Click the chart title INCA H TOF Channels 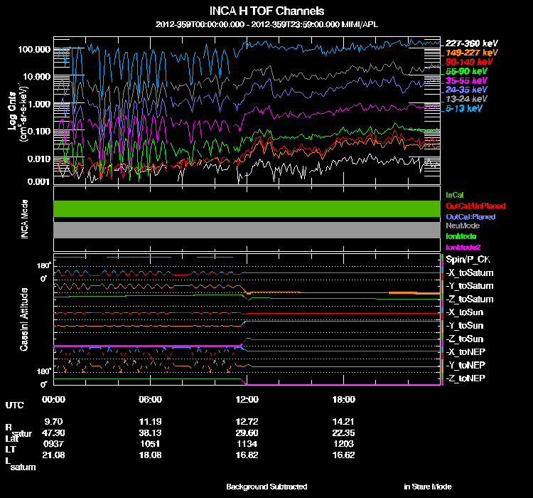coord(267,11)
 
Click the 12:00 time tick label coord(247,400)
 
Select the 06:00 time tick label coord(151,400)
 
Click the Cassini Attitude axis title coord(25,319)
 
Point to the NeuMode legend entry coord(463,226)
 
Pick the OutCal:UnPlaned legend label coord(470,205)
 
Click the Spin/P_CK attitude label coord(466,260)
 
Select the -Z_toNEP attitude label coord(466,378)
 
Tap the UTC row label coord(14,406)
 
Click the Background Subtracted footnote coord(266,487)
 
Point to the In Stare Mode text coord(427,487)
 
